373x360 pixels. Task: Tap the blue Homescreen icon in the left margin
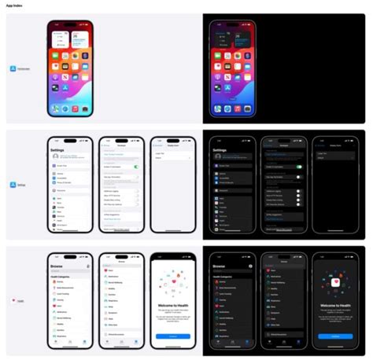13,69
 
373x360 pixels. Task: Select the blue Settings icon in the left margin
13,185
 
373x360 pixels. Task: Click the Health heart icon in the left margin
13,300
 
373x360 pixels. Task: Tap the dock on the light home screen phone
70,108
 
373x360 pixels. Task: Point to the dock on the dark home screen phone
232,108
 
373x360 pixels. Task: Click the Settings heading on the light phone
58,149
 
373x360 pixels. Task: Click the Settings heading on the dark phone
222,149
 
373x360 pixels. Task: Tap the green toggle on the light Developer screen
136,167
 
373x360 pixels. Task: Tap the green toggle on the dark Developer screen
299,167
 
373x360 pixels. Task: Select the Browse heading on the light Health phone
58,265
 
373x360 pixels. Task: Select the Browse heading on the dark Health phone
222,265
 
